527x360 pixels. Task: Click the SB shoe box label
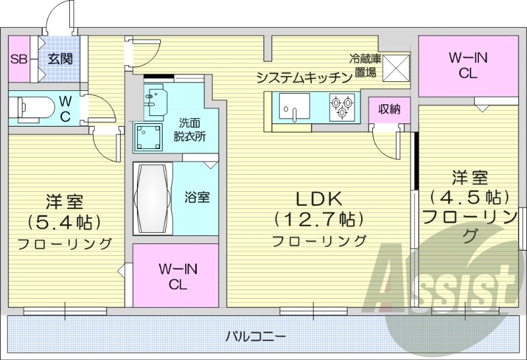(x=18, y=59)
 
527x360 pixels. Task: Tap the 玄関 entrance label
(x=59, y=59)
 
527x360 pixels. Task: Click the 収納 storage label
(x=389, y=109)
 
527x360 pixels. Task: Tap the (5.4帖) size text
(x=64, y=220)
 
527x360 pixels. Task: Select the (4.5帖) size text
(x=470, y=196)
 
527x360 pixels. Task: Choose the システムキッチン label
(x=304, y=78)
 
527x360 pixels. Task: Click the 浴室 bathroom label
(x=196, y=196)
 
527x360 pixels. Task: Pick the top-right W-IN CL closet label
(x=468, y=65)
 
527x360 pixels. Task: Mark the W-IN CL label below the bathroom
(x=177, y=276)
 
